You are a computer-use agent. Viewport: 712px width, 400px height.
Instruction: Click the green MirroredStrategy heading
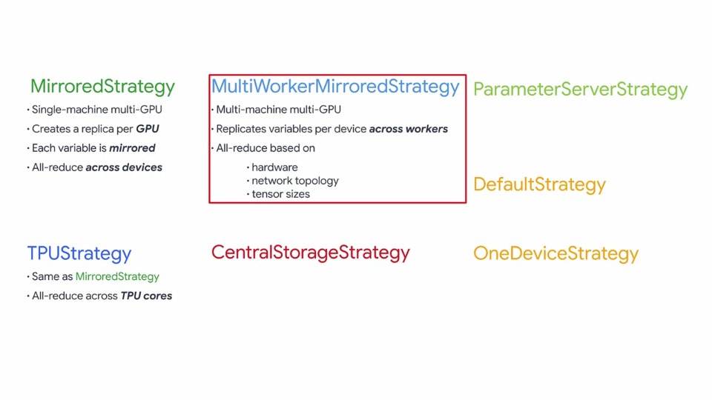[102, 87]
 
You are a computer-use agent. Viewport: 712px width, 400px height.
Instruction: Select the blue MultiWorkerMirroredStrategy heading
[335, 87]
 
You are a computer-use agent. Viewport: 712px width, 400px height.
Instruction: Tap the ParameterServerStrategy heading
[580, 90]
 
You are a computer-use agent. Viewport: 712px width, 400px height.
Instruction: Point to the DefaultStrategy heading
[539, 184]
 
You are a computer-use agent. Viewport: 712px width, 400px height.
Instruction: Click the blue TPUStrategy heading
[79, 253]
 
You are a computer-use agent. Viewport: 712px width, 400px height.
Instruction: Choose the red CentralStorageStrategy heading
[310, 253]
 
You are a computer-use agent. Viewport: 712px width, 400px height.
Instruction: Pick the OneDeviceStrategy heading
[556, 253]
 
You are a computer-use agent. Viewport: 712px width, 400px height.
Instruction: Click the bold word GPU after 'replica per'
[147, 129]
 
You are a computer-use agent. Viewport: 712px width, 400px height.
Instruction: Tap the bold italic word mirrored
[132, 148]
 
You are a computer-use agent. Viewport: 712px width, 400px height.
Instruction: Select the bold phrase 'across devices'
[124, 167]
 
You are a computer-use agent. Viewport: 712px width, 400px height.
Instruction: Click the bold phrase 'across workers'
[408, 129]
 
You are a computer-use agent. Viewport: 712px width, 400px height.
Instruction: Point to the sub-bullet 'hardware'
[274, 167]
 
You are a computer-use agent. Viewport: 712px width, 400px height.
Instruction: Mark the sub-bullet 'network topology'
[295, 181]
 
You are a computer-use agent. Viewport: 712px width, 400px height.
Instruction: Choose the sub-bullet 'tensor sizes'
[280, 194]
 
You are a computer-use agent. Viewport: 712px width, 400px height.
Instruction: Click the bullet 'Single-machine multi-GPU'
[96, 110]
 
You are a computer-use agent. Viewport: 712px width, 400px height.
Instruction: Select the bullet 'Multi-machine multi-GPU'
[278, 110]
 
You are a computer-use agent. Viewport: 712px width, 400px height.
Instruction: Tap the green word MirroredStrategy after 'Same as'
[117, 276]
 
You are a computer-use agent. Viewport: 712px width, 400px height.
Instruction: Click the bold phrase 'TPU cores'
[146, 296]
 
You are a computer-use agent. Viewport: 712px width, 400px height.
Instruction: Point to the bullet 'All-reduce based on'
[266, 148]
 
